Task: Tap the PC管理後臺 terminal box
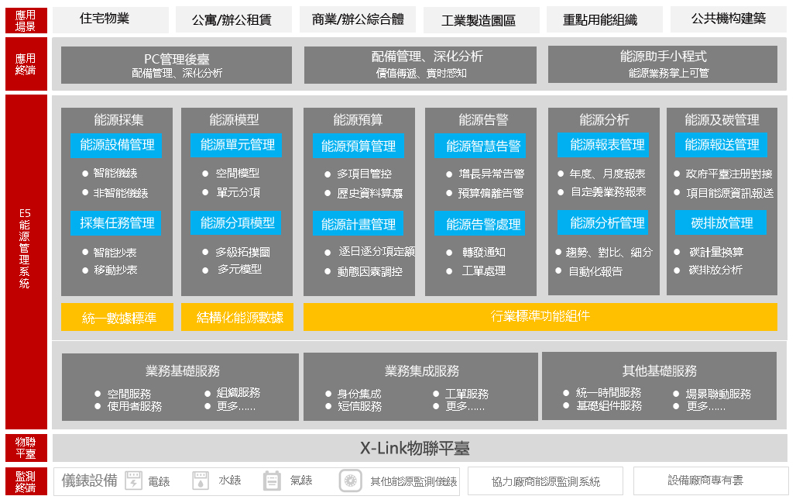point(176,65)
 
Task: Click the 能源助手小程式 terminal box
point(663,64)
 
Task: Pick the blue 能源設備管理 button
point(117,145)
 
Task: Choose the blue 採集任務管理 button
point(116,223)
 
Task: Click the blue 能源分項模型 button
point(236,222)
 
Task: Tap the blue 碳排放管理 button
point(721,222)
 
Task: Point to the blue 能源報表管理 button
point(603,145)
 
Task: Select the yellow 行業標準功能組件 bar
point(540,317)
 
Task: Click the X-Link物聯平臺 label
point(415,448)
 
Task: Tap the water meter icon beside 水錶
point(201,481)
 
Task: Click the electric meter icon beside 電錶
point(133,481)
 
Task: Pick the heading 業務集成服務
point(422,371)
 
